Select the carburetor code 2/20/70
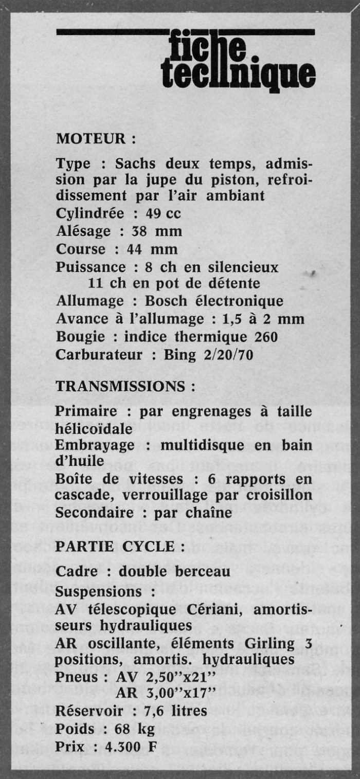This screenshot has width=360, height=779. click(217, 355)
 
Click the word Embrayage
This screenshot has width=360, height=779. click(95, 445)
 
